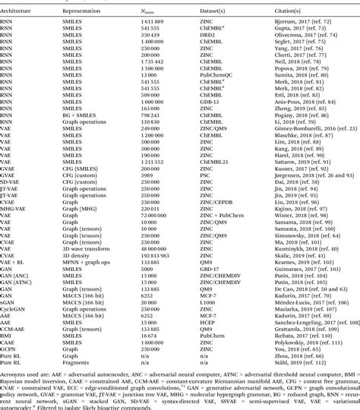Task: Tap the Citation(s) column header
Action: coord(291,13)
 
